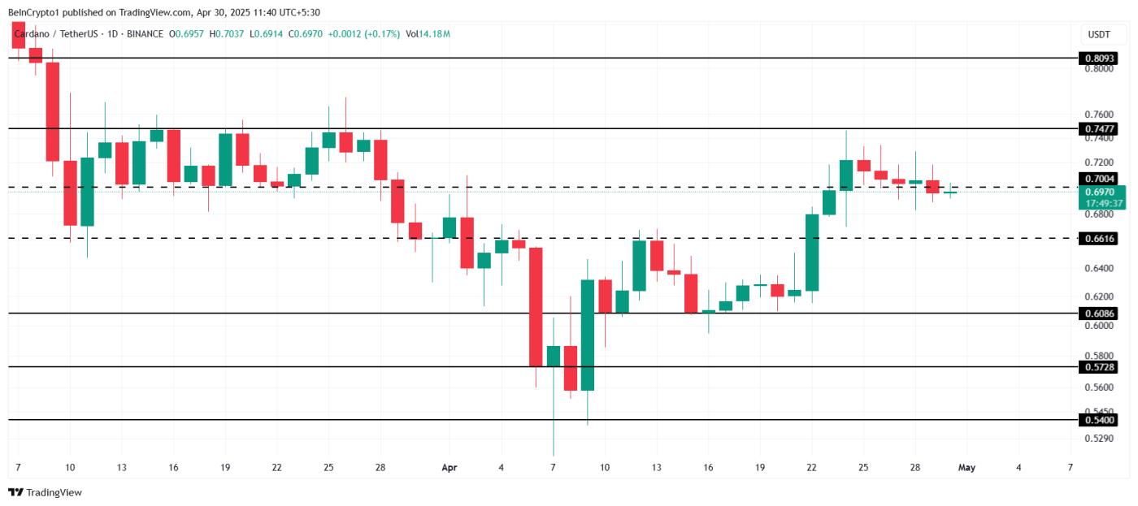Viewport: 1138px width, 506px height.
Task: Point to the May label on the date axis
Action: coord(966,468)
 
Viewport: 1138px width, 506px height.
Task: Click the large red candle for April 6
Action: coord(536,307)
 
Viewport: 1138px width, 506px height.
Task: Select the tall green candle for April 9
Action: coord(588,335)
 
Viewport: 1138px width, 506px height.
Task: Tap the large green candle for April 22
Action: coord(812,252)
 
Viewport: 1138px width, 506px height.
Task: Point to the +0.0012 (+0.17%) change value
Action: coord(363,34)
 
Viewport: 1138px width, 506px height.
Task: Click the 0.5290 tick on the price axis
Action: coord(1098,439)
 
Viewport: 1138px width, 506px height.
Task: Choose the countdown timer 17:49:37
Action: coord(1104,203)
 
